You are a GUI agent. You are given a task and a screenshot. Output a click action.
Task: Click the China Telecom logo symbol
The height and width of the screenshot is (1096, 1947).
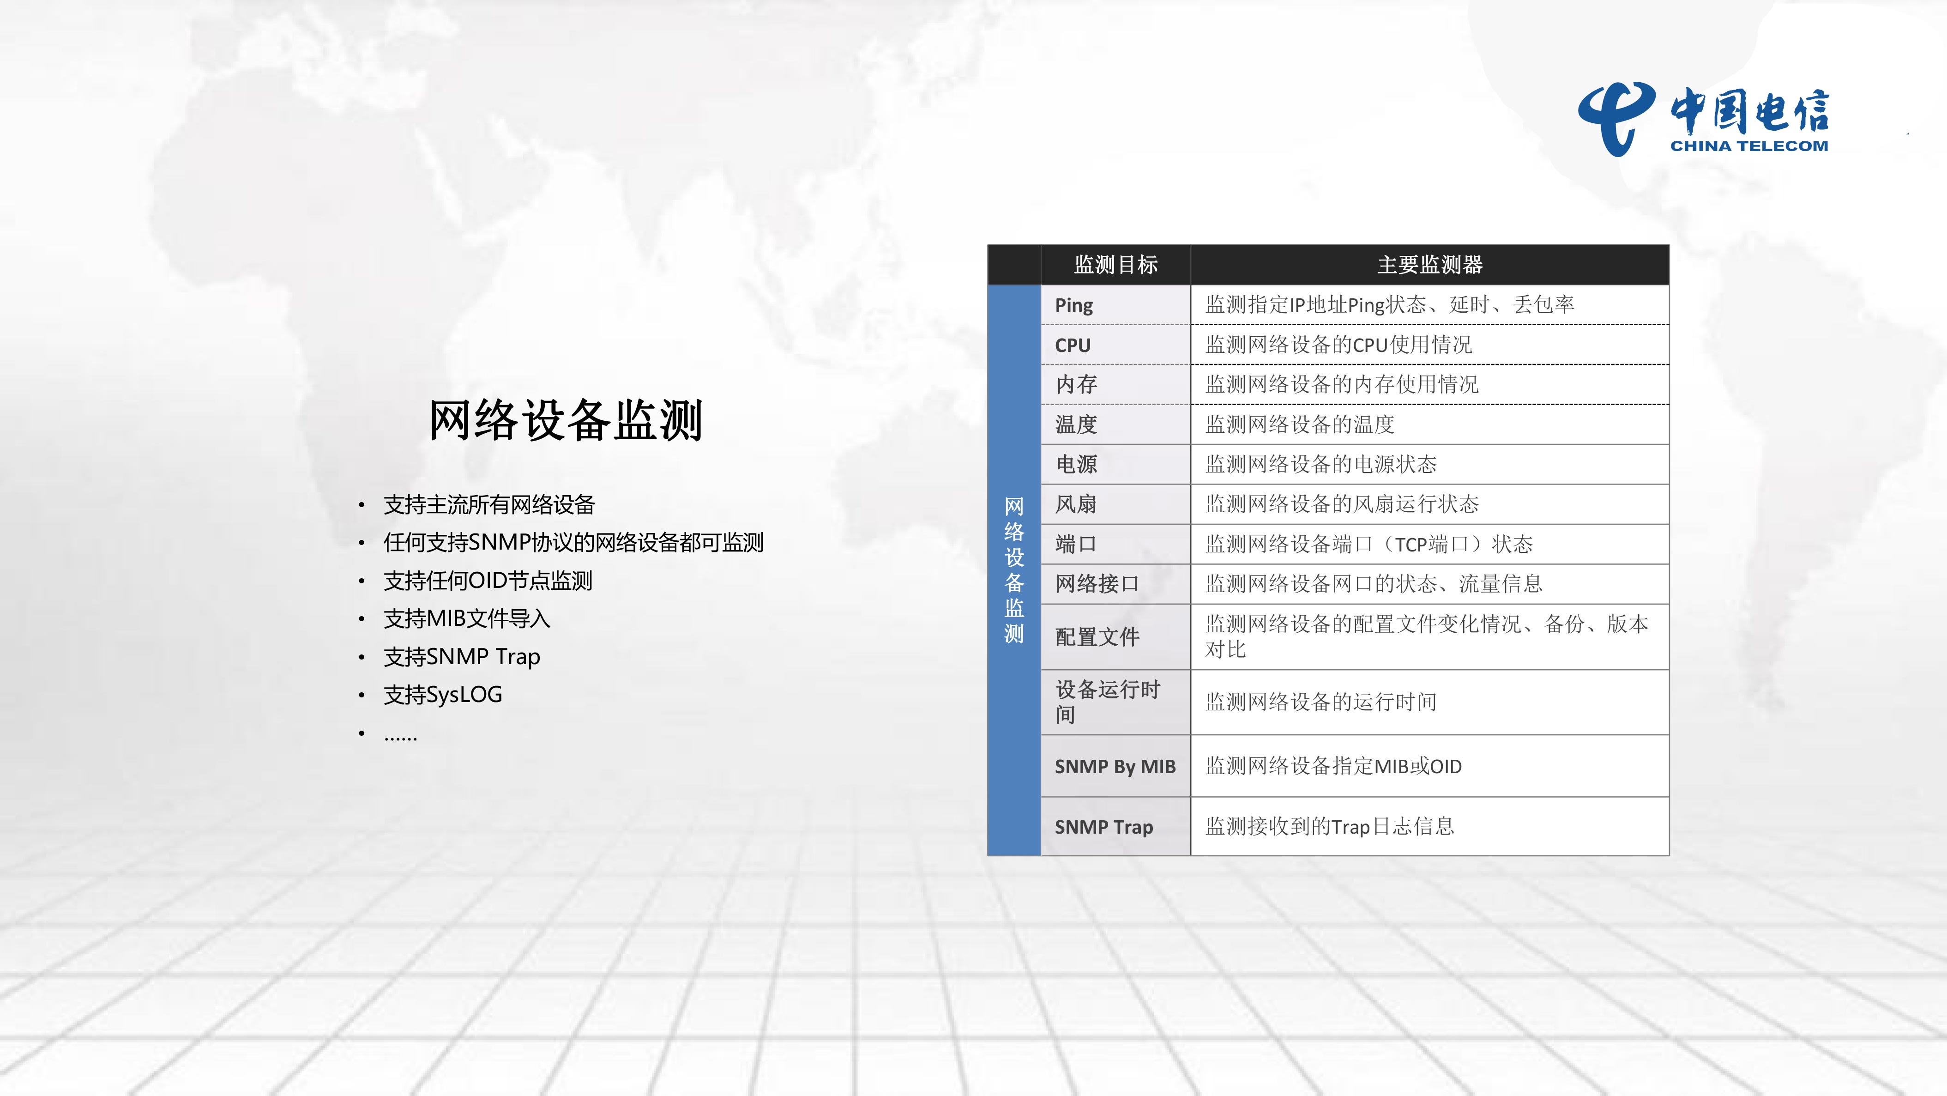click(x=1616, y=119)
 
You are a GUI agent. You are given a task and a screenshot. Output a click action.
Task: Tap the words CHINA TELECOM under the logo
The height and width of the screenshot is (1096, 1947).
click(x=1749, y=146)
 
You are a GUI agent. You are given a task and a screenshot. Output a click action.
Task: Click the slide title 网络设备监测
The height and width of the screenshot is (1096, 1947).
click(x=566, y=420)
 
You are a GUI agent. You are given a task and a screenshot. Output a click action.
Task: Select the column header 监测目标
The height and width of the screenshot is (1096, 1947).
click(x=1115, y=265)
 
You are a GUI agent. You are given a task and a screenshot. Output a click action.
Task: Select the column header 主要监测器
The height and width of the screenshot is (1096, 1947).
click(x=1430, y=265)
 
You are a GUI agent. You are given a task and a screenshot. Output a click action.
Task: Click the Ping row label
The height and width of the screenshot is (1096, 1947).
click(x=1074, y=305)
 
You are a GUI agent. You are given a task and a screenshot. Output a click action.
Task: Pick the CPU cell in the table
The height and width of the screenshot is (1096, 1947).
click(x=1073, y=345)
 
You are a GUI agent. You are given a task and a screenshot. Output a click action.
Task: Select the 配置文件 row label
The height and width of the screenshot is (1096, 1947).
click(x=1097, y=637)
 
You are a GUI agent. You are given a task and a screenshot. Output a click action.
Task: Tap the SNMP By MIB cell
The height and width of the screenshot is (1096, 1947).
click(x=1115, y=766)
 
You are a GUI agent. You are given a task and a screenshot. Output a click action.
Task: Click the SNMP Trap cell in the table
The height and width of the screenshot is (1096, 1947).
click(x=1103, y=827)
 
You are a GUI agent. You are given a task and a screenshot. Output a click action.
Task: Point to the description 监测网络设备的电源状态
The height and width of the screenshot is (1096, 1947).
click(x=1320, y=464)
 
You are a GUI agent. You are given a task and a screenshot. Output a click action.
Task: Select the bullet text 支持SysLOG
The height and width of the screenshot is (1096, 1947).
click(x=443, y=695)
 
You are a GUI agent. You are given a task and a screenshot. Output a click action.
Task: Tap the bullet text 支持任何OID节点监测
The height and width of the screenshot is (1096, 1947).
click(x=488, y=581)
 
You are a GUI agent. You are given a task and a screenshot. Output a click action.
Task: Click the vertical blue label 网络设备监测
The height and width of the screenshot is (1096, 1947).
click(x=1013, y=570)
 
